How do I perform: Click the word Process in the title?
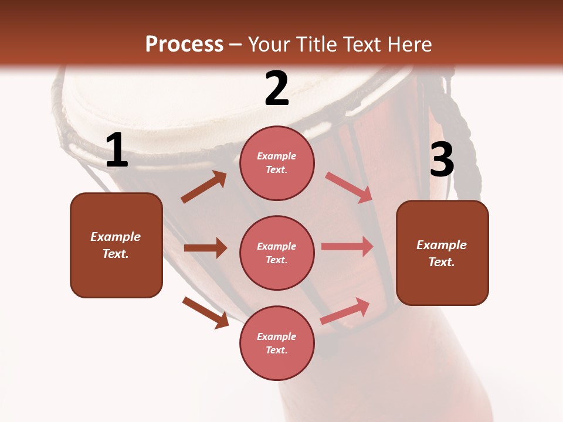tap(184, 45)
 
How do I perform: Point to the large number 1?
tap(117, 151)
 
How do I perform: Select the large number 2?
tap(277, 89)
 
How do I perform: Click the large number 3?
tap(442, 160)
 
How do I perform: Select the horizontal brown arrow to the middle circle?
tap(205, 248)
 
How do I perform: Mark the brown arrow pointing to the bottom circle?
tap(205, 312)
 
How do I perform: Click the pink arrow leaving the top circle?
tap(348, 187)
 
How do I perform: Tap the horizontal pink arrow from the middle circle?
tap(347, 247)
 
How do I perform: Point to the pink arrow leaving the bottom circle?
tap(345, 311)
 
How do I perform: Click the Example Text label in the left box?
tap(116, 245)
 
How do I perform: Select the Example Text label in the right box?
tap(442, 253)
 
